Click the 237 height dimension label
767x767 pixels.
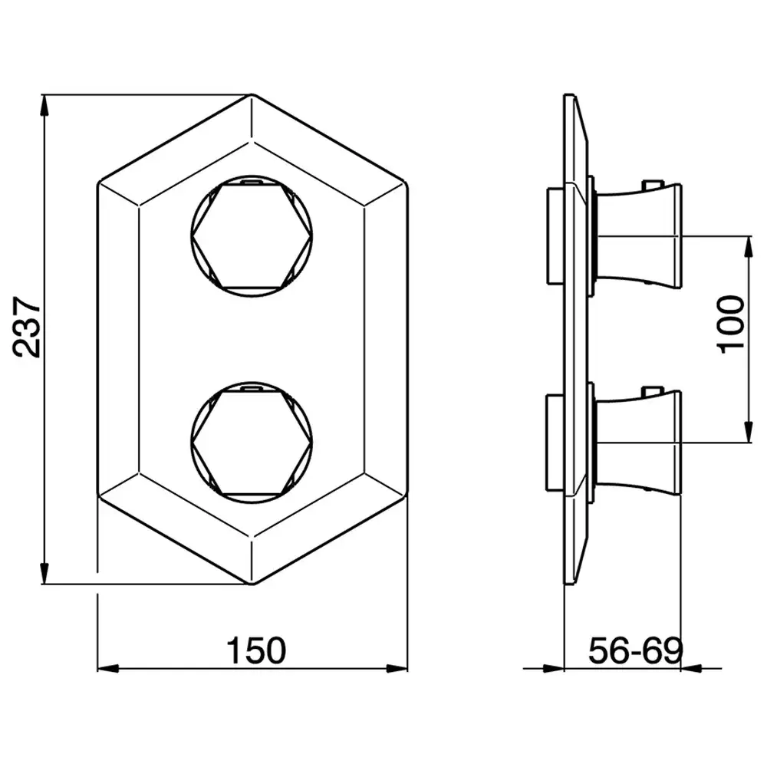point(27,327)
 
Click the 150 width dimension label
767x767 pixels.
point(256,650)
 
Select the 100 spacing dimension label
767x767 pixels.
point(730,324)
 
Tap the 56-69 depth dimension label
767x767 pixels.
point(635,650)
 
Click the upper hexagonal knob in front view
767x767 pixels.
point(252,236)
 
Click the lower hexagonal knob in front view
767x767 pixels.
point(252,443)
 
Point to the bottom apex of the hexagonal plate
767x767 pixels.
point(252,584)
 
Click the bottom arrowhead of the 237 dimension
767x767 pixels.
point(44,573)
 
